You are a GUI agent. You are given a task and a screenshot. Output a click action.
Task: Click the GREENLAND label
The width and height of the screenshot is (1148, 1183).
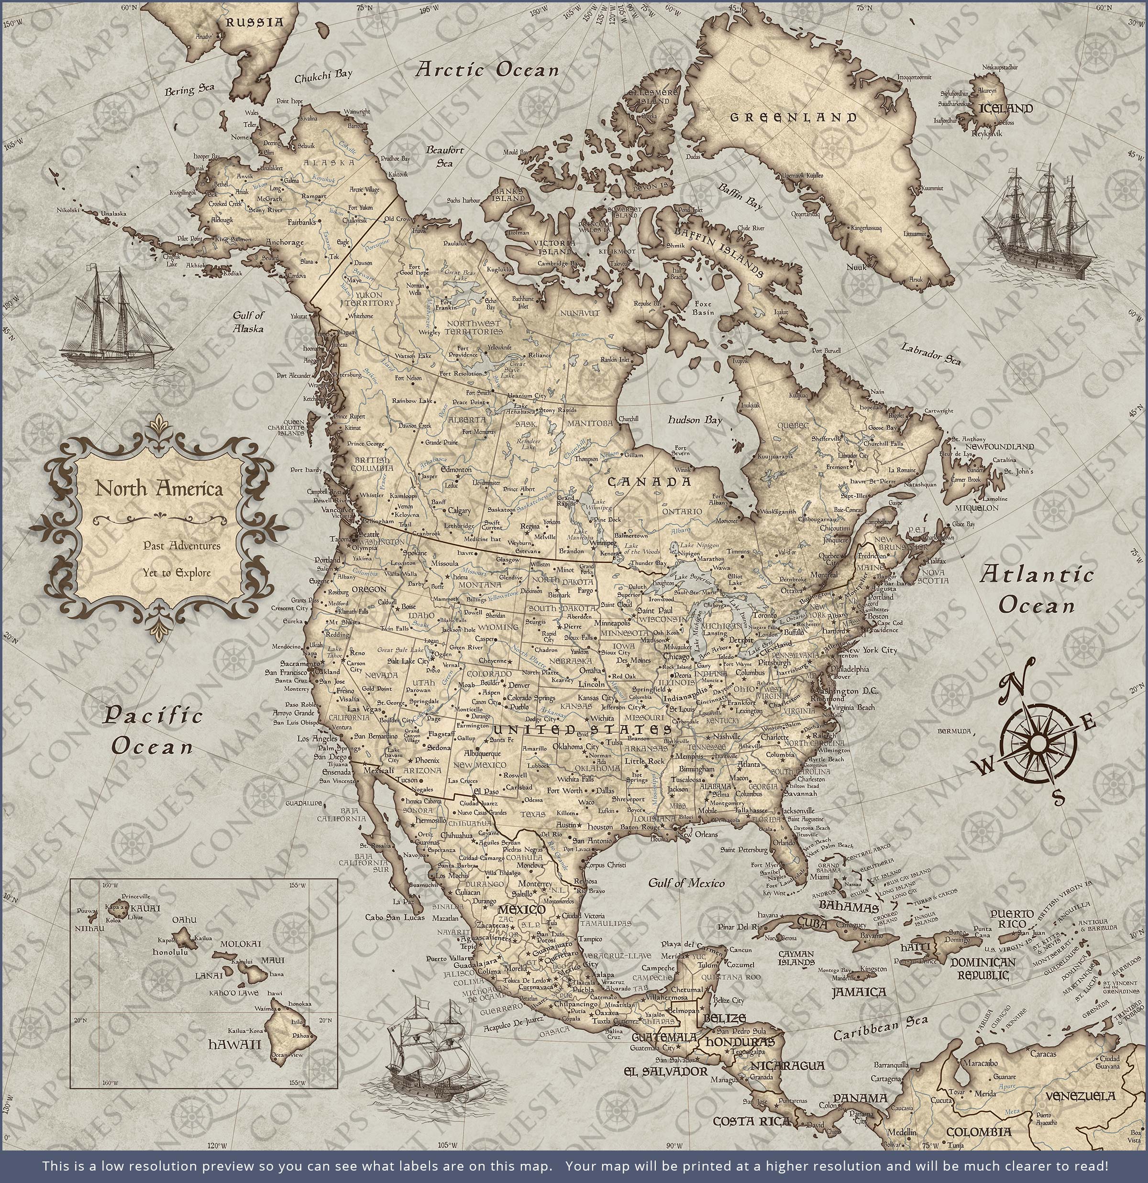[x=794, y=117]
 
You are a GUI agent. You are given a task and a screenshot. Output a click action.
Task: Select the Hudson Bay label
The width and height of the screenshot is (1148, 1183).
[x=695, y=419]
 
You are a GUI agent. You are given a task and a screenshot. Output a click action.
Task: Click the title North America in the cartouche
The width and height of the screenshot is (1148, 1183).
[x=159, y=488]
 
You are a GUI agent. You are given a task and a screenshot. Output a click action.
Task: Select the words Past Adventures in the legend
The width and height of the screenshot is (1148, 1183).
[x=182, y=546]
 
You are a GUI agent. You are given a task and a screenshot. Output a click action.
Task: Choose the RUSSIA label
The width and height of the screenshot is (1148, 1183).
[x=254, y=22]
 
